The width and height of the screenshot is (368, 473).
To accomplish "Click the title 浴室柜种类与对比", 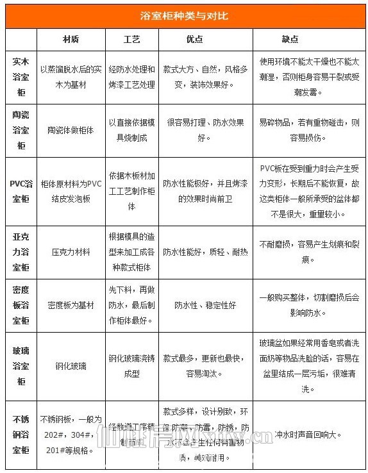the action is pos(184,15).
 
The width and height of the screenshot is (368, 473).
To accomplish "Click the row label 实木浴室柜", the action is pos(21,76).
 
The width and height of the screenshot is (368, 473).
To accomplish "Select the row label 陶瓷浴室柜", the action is pos(21,129).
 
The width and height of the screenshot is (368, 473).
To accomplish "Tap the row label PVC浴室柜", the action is pos(21,190).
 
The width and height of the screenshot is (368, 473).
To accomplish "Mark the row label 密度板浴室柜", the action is pos(21,305).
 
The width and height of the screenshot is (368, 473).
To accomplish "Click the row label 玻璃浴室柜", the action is pos(21,366).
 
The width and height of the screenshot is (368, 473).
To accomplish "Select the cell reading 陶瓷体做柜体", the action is pos(71,129).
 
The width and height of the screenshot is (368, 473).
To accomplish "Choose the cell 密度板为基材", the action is pos(71,305).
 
